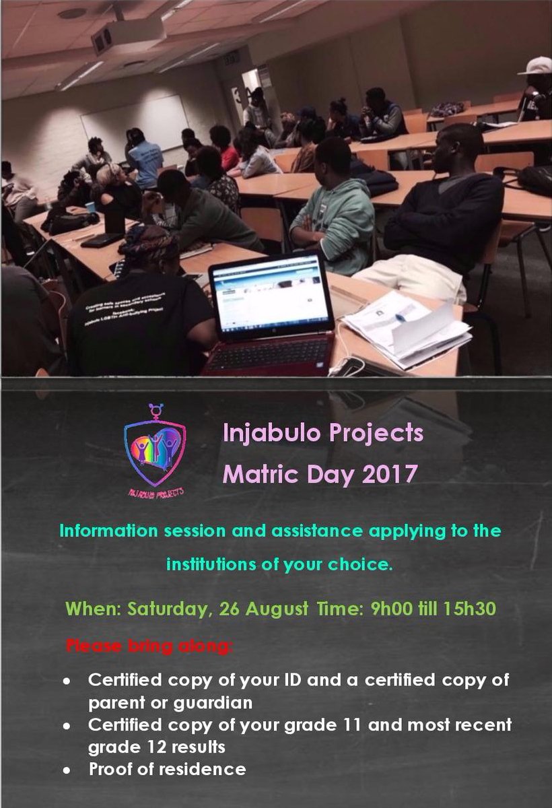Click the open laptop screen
271,298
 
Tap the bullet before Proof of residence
67,768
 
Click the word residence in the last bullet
206,768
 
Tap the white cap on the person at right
536,65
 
